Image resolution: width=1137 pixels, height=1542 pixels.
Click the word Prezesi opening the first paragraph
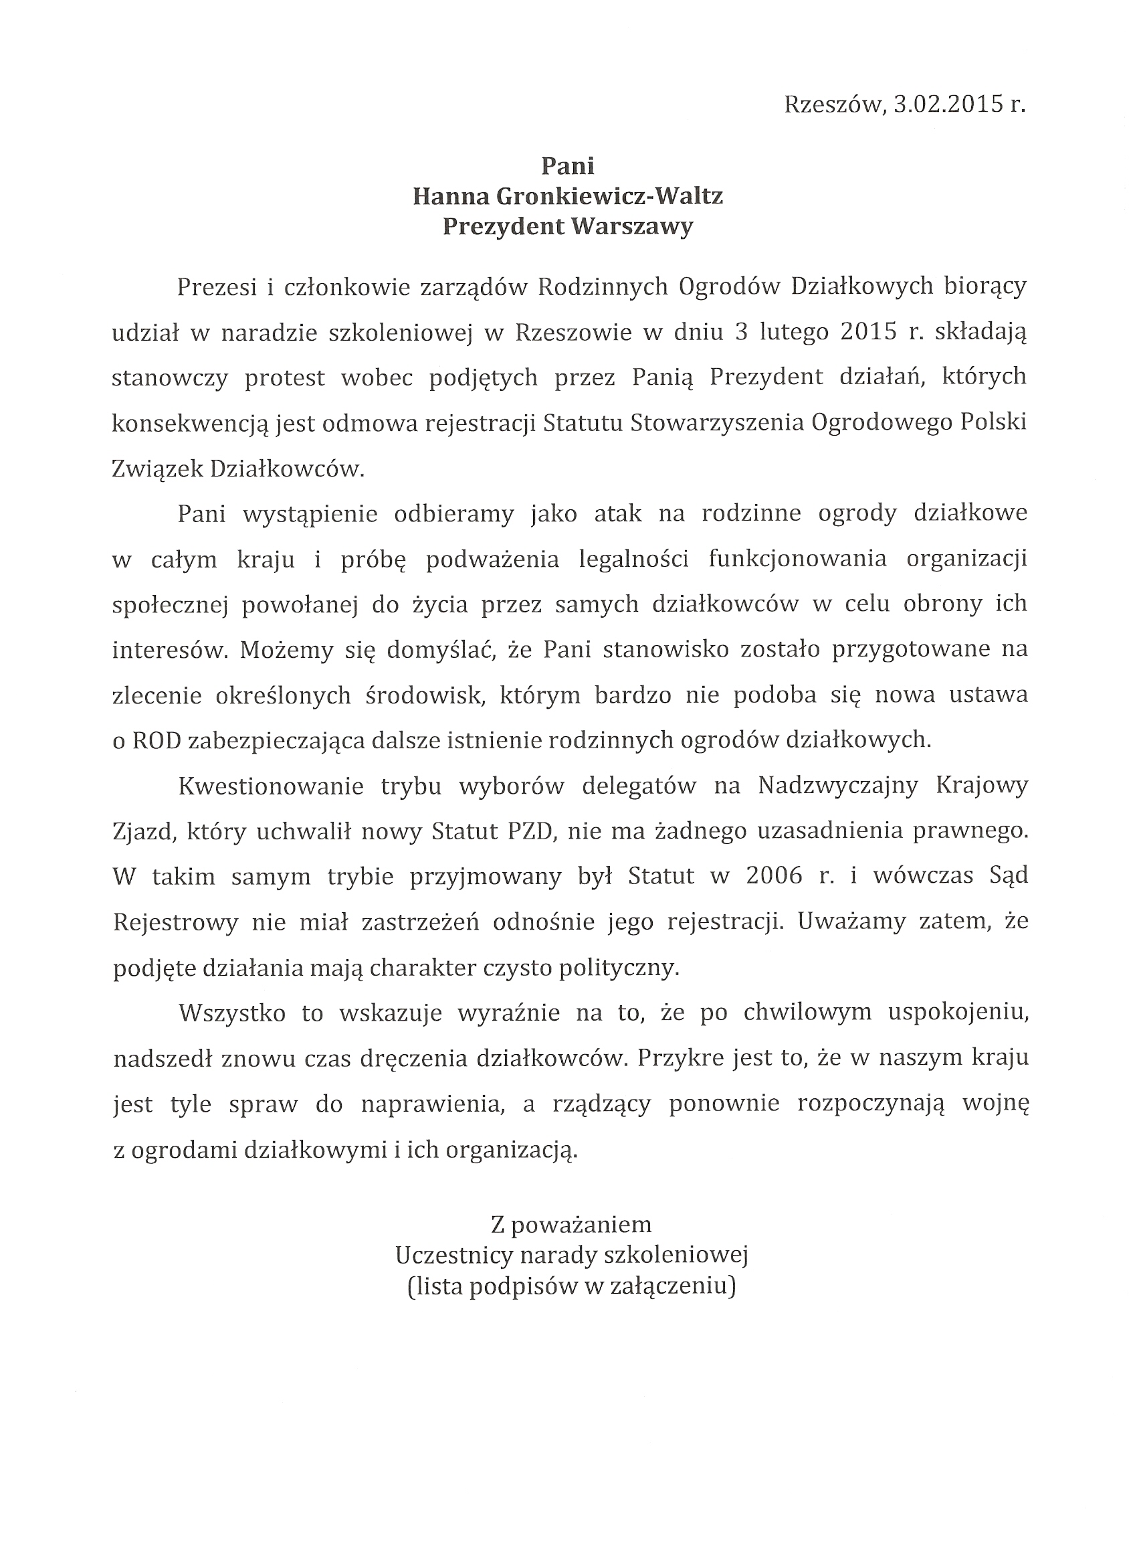216,286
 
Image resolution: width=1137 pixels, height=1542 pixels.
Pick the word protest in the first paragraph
284,377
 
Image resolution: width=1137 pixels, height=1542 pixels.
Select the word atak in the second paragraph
618,514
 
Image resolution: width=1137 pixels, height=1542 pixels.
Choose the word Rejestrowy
175,922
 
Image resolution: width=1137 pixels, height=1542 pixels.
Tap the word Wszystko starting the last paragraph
232,1014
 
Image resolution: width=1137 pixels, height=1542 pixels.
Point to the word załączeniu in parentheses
671,1286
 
